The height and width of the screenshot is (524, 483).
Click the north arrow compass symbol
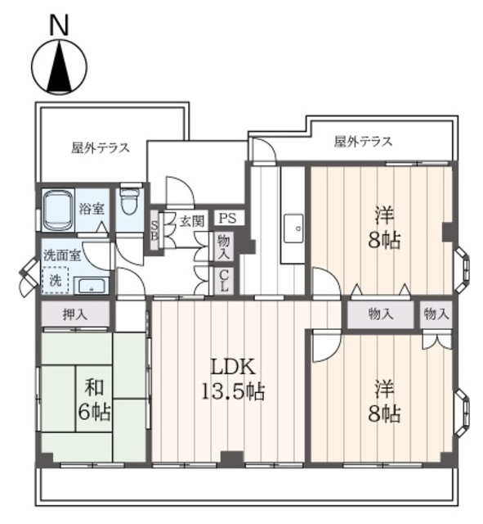click(58, 69)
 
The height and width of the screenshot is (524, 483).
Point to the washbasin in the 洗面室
click(91, 286)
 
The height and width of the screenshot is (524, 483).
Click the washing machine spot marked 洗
click(56, 279)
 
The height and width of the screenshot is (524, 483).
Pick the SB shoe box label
click(154, 226)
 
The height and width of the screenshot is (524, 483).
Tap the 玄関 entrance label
click(191, 219)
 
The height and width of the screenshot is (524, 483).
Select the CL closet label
click(222, 281)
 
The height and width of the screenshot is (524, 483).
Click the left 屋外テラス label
click(100, 148)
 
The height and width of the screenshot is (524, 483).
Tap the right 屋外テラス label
click(363, 142)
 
